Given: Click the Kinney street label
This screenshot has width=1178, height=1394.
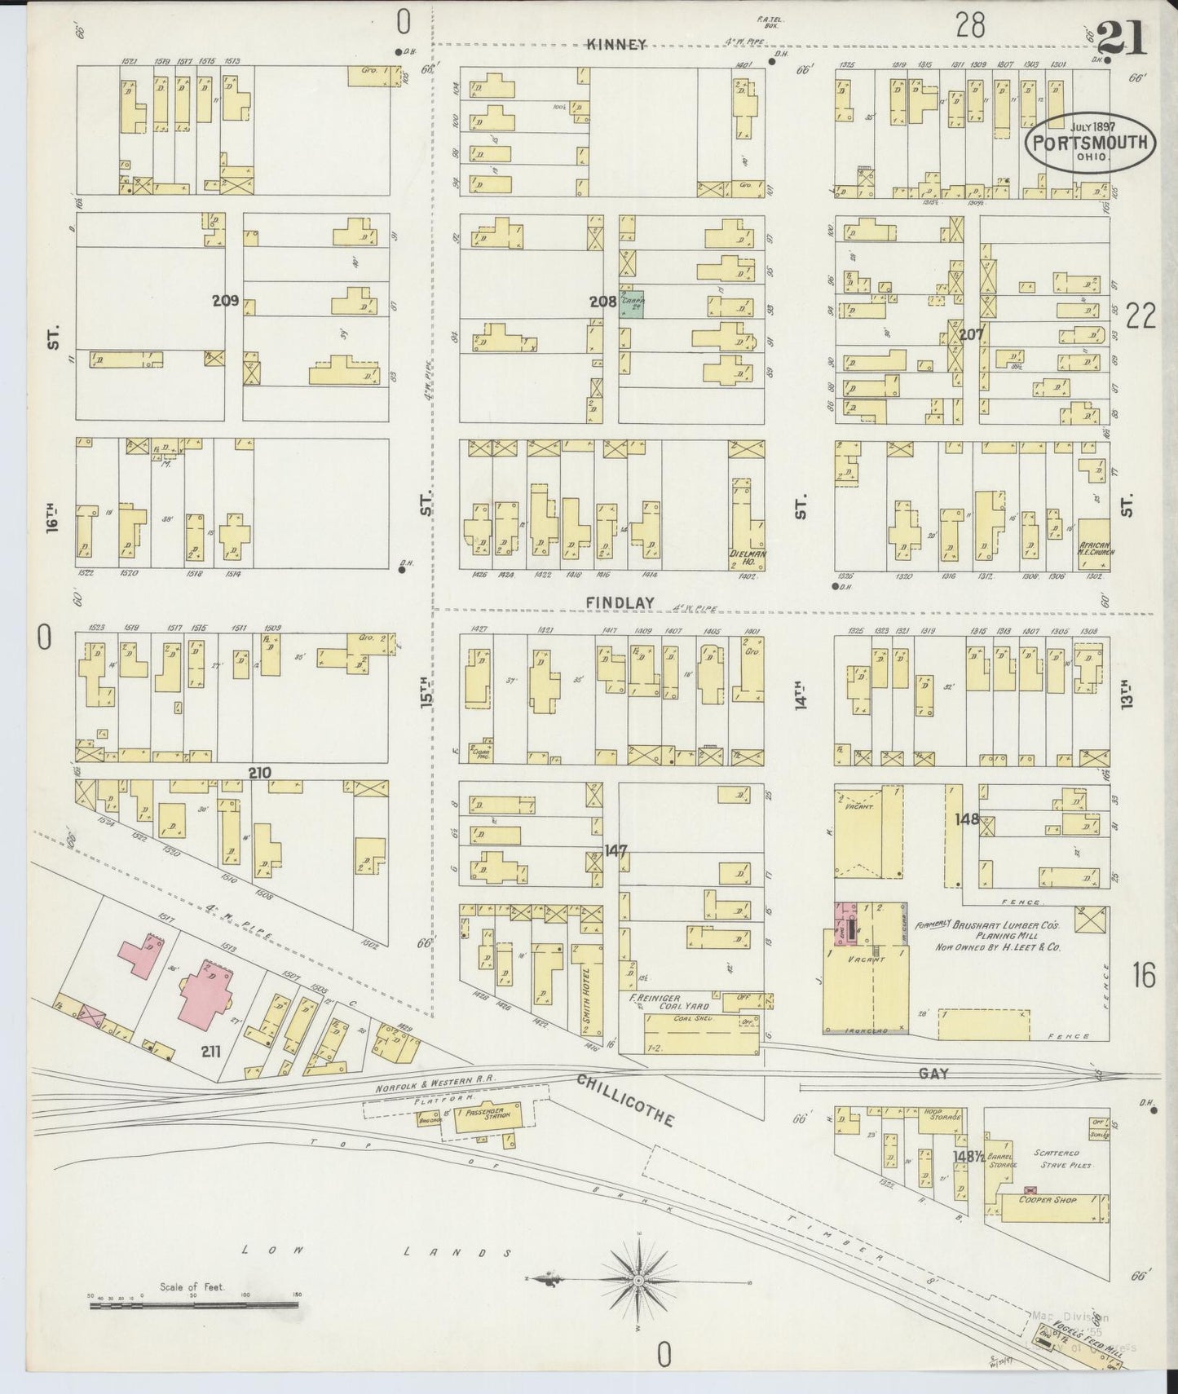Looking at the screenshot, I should click(x=616, y=45).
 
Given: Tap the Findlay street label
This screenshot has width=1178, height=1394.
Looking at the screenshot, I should click(x=620, y=602).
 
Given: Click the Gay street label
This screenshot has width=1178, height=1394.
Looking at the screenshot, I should click(x=933, y=1074).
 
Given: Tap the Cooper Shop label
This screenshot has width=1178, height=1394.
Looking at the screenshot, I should click(x=1047, y=1200).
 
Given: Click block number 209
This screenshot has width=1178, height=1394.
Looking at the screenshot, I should click(x=225, y=301).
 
